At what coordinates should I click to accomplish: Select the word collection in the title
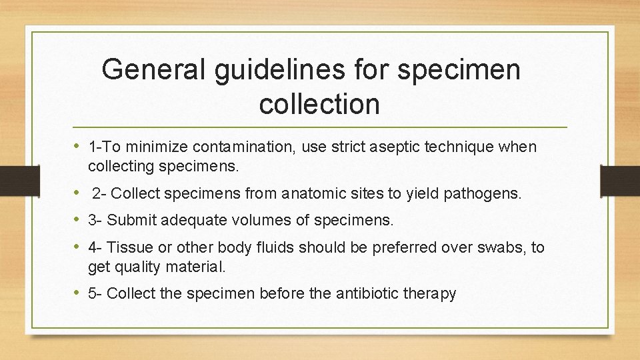pos(319,103)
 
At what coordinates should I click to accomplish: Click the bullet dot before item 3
pos(77,219)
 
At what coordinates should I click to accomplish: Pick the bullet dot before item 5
pos(77,293)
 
